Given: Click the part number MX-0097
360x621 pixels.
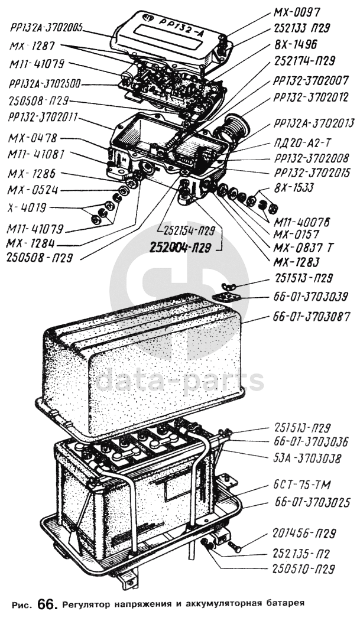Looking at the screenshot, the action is coord(296,12).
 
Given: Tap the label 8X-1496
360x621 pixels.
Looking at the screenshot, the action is coord(295,44).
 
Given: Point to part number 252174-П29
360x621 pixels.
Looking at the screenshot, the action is coord(304,61).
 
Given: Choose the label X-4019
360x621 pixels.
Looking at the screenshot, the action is coord(26,207).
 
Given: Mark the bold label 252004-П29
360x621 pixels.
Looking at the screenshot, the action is coord(180,248).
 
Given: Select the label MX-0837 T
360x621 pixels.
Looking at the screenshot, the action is coord(303,248).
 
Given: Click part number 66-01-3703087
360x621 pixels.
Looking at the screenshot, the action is coord(312,317).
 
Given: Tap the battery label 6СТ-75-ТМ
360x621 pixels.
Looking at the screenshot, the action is coord(302,485).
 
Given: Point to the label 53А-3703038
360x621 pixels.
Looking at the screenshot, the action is coord(307,459).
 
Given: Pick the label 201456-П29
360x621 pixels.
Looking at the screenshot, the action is coord(304,533).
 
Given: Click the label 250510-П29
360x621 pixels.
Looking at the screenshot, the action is coord(303,569).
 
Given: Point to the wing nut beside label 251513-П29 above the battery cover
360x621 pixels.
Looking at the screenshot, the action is coord(229,287).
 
